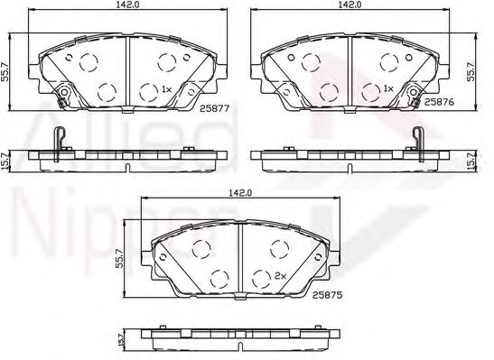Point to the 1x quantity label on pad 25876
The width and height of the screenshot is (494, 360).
click(x=387, y=89)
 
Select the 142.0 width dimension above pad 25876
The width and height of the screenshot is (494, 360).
click(x=348, y=5)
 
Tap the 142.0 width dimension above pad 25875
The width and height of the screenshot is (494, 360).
click(x=239, y=191)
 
